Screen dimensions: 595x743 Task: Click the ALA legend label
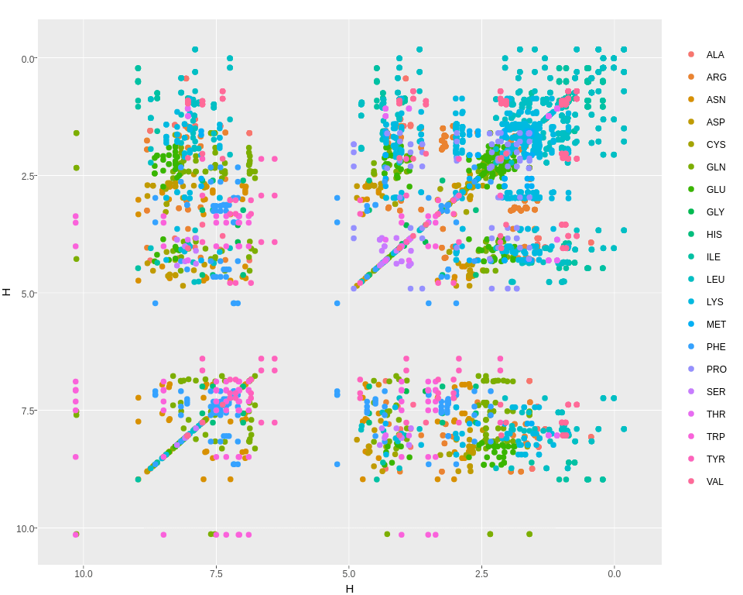pyautogui.click(x=715, y=55)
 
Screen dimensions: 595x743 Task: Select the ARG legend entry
pyautogui.click(x=716, y=77)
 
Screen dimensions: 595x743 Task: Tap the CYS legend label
pyautogui.click(x=716, y=145)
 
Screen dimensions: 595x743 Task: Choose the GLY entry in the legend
pyautogui.click(x=716, y=212)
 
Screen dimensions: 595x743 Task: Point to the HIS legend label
pyautogui.click(x=714, y=235)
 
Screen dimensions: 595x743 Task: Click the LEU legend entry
pyautogui.click(x=715, y=280)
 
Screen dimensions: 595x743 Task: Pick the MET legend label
pyautogui.click(x=716, y=325)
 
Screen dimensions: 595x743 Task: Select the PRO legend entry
pyautogui.click(x=717, y=370)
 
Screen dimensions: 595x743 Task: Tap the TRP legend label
pyautogui.click(x=716, y=437)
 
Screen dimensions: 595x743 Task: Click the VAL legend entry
pyautogui.click(x=715, y=482)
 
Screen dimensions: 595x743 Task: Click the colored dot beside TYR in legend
pyautogui.click(x=691, y=459)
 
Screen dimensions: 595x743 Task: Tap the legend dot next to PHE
pyautogui.click(x=691, y=347)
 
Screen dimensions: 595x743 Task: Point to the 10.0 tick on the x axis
pyautogui.click(x=84, y=574)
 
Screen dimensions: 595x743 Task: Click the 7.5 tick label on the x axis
pyautogui.click(x=216, y=574)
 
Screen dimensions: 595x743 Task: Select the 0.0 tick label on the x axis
pyautogui.click(x=615, y=574)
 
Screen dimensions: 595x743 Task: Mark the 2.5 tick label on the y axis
pyautogui.click(x=27, y=177)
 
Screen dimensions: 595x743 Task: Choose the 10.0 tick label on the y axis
pyautogui.click(x=25, y=529)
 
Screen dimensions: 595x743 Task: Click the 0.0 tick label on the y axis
pyautogui.click(x=27, y=59)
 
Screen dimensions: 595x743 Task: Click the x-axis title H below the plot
pyautogui.click(x=350, y=589)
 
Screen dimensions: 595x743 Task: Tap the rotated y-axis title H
pyautogui.click(x=7, y=292)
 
